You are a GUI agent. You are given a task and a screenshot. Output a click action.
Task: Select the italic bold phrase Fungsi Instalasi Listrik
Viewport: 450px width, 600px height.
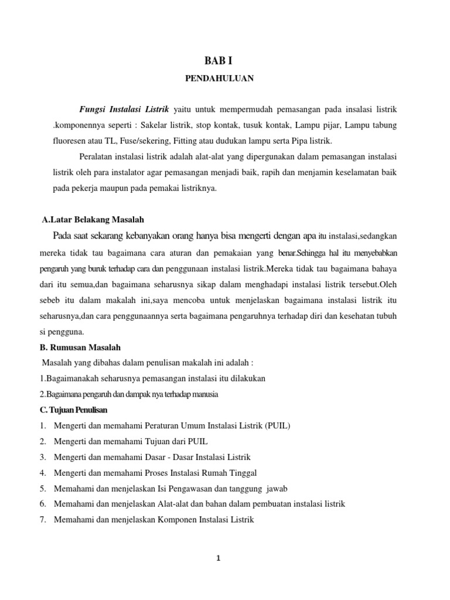point(124,110)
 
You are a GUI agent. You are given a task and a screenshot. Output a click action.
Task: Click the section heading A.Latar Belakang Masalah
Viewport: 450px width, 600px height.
point(93,219)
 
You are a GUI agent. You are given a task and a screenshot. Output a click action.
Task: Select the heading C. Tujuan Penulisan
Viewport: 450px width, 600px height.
point(73,409)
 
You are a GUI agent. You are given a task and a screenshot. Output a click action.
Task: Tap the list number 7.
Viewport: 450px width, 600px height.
point(43,519)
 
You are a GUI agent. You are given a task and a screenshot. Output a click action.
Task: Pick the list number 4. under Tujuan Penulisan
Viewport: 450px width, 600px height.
point(43,472)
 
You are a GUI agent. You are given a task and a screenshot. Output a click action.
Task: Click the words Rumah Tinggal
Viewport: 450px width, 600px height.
point(231,472)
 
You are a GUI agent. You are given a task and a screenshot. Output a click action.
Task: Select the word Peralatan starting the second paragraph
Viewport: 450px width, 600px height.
point(97,158)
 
